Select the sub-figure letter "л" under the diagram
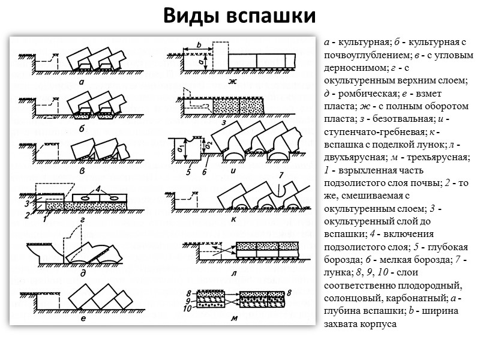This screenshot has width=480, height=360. click(233, 272)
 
